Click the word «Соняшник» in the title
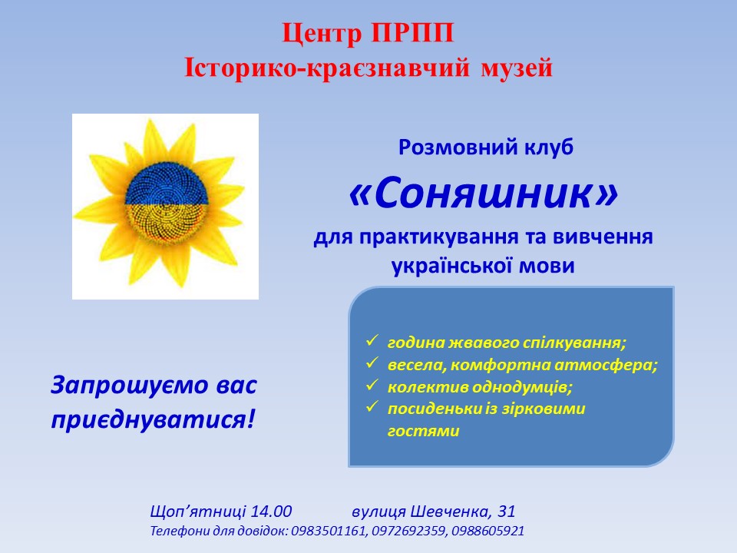(483, 193)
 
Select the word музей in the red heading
(517, 68)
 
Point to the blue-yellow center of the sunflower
(167, 204)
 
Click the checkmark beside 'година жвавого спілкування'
(372, 340)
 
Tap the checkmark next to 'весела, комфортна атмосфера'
(372, 362)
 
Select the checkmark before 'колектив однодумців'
(372, 384)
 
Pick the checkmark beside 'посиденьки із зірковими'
(372, 406)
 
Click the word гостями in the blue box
(423, 431)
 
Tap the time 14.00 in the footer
(271, 511)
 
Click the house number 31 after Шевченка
(507, 511)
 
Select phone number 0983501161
(329, 531)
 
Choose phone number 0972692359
(408, 531)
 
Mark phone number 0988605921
(488, 531)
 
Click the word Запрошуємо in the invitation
(130, 386)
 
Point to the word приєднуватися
(148, 419)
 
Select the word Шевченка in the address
(451, 511)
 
